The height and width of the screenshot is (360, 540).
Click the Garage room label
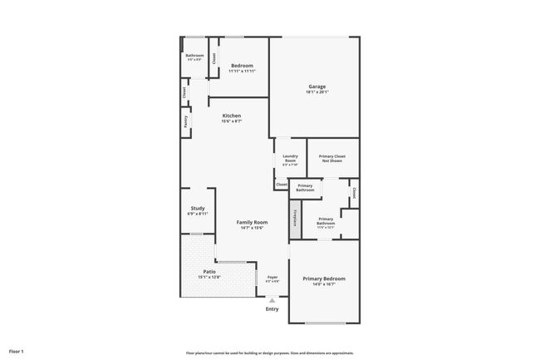pos(317,86)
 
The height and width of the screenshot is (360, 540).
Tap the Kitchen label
pos(231,115)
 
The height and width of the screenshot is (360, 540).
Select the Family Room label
pos(252,222)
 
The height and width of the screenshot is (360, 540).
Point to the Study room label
pos(197,208)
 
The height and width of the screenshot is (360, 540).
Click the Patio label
pos(209,271)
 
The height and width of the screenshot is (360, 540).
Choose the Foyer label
pos(272,276)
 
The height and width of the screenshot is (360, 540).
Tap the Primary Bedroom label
pos(324,279)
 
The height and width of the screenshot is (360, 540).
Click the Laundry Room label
pos(290,157)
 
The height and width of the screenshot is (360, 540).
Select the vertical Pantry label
pos(185,121)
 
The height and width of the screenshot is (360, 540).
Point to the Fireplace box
pos(294,216)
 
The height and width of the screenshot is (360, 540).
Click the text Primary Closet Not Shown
pos(332,158)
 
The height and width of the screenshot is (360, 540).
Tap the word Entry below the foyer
pos(272,309)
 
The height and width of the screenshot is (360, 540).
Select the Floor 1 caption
pos(17,351)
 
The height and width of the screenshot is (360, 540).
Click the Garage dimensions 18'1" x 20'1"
pos(317,92)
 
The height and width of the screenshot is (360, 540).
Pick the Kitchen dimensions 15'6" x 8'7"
pos(231,121)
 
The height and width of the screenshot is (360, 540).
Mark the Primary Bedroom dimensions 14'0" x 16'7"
pos(324,285)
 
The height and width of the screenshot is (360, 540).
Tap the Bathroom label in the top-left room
pos(194,56)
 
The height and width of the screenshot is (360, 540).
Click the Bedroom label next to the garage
pos(242,65)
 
